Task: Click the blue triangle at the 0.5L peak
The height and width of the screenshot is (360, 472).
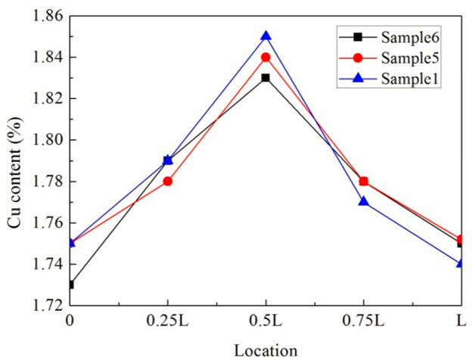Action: [265, 36]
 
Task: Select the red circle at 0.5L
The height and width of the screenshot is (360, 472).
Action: [265, 57]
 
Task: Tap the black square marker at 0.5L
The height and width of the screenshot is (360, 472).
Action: [265, 78]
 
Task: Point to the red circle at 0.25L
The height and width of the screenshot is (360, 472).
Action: [168, 182]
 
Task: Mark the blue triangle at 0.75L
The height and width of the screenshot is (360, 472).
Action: [364, 201]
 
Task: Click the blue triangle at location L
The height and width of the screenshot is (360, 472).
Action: [460, 262]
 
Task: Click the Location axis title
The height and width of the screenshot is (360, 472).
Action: [265, 349]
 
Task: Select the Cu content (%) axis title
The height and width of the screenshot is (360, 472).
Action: [14, 160]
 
